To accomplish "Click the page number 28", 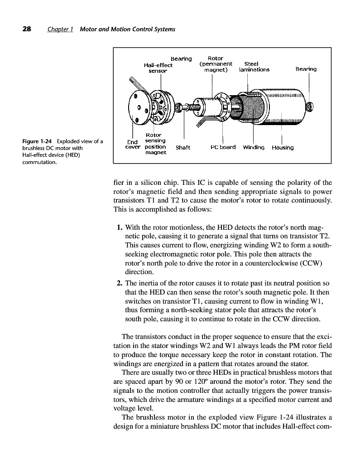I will [27, 29].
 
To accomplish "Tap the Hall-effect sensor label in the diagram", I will [158, 68].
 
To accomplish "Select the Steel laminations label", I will [254, 67].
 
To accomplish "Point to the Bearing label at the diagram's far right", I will [306, 69].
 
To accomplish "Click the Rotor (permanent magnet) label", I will [216, 64].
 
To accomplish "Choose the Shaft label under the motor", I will [182, 148].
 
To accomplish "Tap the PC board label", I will [223, 147].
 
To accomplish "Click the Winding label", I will [254, 148].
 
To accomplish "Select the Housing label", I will [283, 148].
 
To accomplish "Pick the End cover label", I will [133, 145].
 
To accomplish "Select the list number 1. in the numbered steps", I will [120, 227].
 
